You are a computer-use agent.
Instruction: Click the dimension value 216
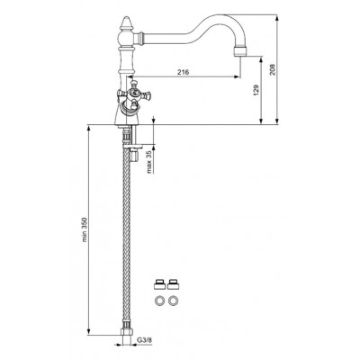[183, 72]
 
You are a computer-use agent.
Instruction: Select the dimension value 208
[272, 69]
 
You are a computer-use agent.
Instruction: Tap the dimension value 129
[256, 90]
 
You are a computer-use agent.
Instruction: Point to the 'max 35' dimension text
[149, 161]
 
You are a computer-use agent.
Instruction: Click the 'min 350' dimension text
[85, 229]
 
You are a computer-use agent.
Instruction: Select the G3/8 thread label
[145, 339]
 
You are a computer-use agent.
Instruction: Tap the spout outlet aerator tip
[240, 51]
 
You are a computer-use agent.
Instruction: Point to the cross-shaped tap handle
[133, 95]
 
